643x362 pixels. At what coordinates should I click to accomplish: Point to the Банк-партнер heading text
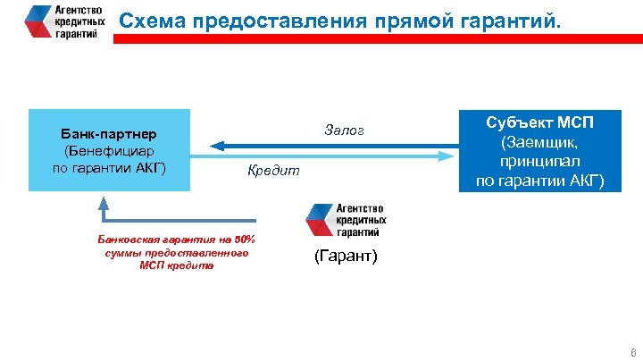108,133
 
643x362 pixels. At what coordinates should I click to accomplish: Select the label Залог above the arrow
347,133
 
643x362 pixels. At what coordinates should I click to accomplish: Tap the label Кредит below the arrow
274,170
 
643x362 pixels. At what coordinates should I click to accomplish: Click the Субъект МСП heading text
539,122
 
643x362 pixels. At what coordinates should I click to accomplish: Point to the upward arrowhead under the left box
104,201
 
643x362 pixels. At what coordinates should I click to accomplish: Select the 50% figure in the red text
244,240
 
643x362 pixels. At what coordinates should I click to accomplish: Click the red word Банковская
126,240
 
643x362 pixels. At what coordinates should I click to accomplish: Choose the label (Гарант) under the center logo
347,257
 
